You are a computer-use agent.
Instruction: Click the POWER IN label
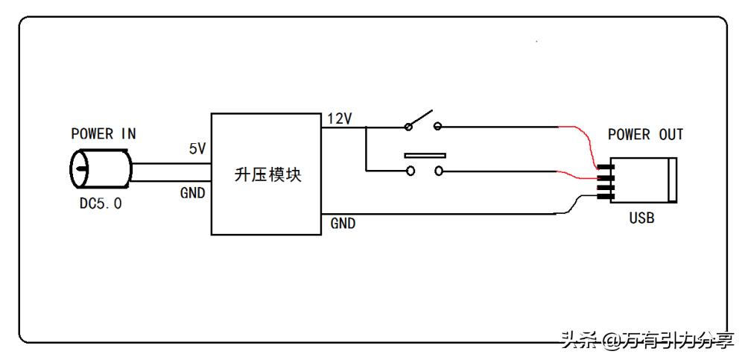pyautogui.click(x=104, y=134)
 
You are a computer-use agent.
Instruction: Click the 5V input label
pyautogui.click(x=197, y=149)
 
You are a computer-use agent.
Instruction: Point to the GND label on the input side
pyautogui.click(x=193, y=192)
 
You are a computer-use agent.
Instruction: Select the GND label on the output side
pyautogui.click(x=343, y=223)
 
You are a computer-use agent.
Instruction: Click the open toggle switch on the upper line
pyautogui.click(x=422, y=121)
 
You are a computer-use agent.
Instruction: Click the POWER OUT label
pyautogui.click(x=645, y=135)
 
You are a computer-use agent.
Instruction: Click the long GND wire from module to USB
pyautogui.click(x=447, y=214)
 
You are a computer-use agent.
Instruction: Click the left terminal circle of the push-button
pyautogui.click(x=409, y=171)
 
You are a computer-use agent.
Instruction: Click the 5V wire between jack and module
pyautogui.click(x=171, y=162)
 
